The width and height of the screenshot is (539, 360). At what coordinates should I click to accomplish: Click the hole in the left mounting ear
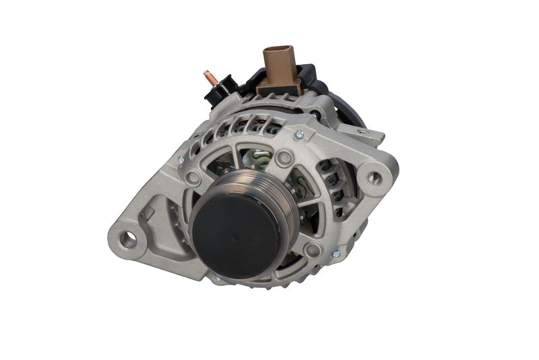(x=127, y=238)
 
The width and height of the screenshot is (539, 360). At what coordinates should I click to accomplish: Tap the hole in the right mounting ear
(x=371, y=178)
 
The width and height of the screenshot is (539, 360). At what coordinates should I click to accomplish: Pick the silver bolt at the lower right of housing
(x=336, y=253)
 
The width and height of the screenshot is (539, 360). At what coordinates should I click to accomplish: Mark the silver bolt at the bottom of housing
(x=217, y=277)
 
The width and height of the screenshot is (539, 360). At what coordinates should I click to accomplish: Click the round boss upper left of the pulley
(x=193, y=178)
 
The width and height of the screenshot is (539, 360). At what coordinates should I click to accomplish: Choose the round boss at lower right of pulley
(x=311, y=250)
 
